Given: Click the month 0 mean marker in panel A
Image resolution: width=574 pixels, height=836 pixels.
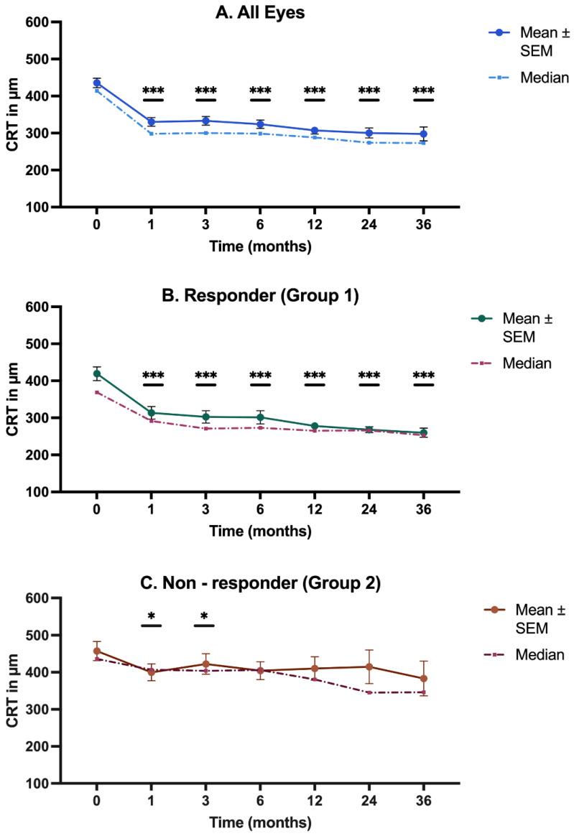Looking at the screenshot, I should pyautogui.click(x=97, y=83).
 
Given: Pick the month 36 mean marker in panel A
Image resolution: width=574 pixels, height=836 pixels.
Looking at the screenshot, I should pyautogui.click(x=423, y=134).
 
